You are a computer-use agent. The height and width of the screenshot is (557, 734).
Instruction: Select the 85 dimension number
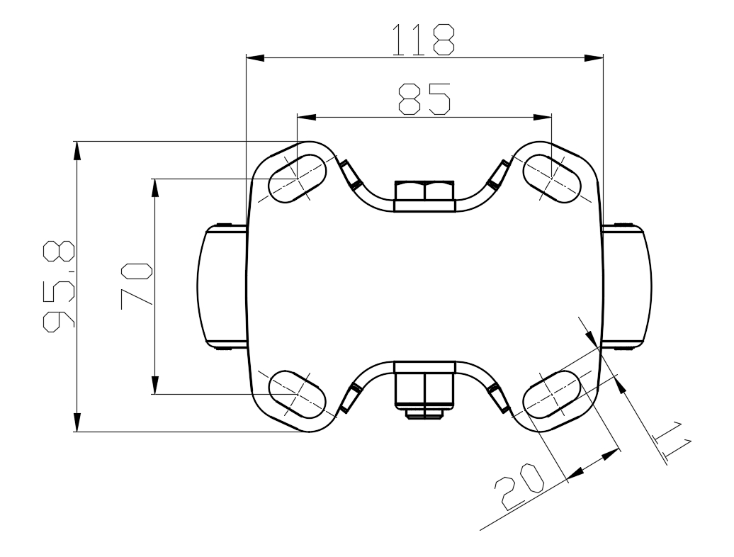(424, 99)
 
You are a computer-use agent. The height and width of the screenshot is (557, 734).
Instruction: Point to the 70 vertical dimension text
(136, 286)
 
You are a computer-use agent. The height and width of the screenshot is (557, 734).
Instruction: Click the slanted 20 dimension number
(519, 487)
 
